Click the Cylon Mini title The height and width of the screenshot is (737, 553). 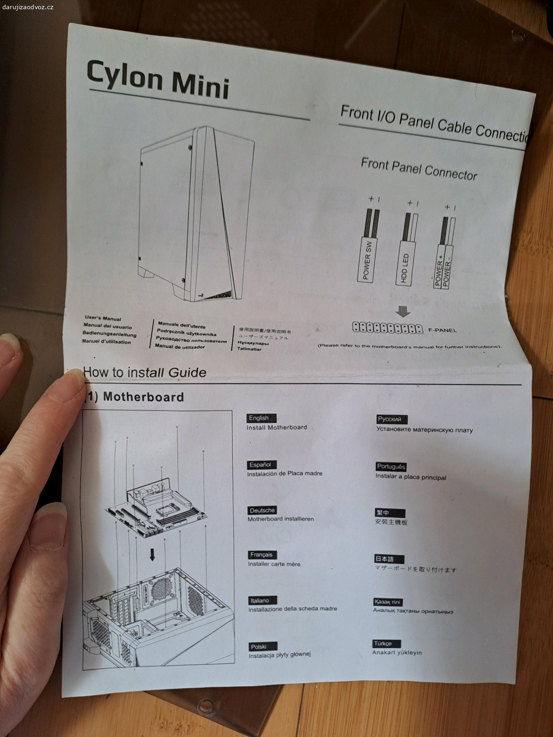158,79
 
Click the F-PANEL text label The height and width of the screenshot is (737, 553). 442,330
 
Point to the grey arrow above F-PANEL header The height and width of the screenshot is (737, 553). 403,312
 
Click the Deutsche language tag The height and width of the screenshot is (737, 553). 262,510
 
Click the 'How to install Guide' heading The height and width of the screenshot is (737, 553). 145,372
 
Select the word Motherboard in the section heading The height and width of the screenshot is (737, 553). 143,397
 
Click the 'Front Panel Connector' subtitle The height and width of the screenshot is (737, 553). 418,169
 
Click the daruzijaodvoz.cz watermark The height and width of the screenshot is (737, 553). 35,5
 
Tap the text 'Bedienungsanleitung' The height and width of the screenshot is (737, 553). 110,334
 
